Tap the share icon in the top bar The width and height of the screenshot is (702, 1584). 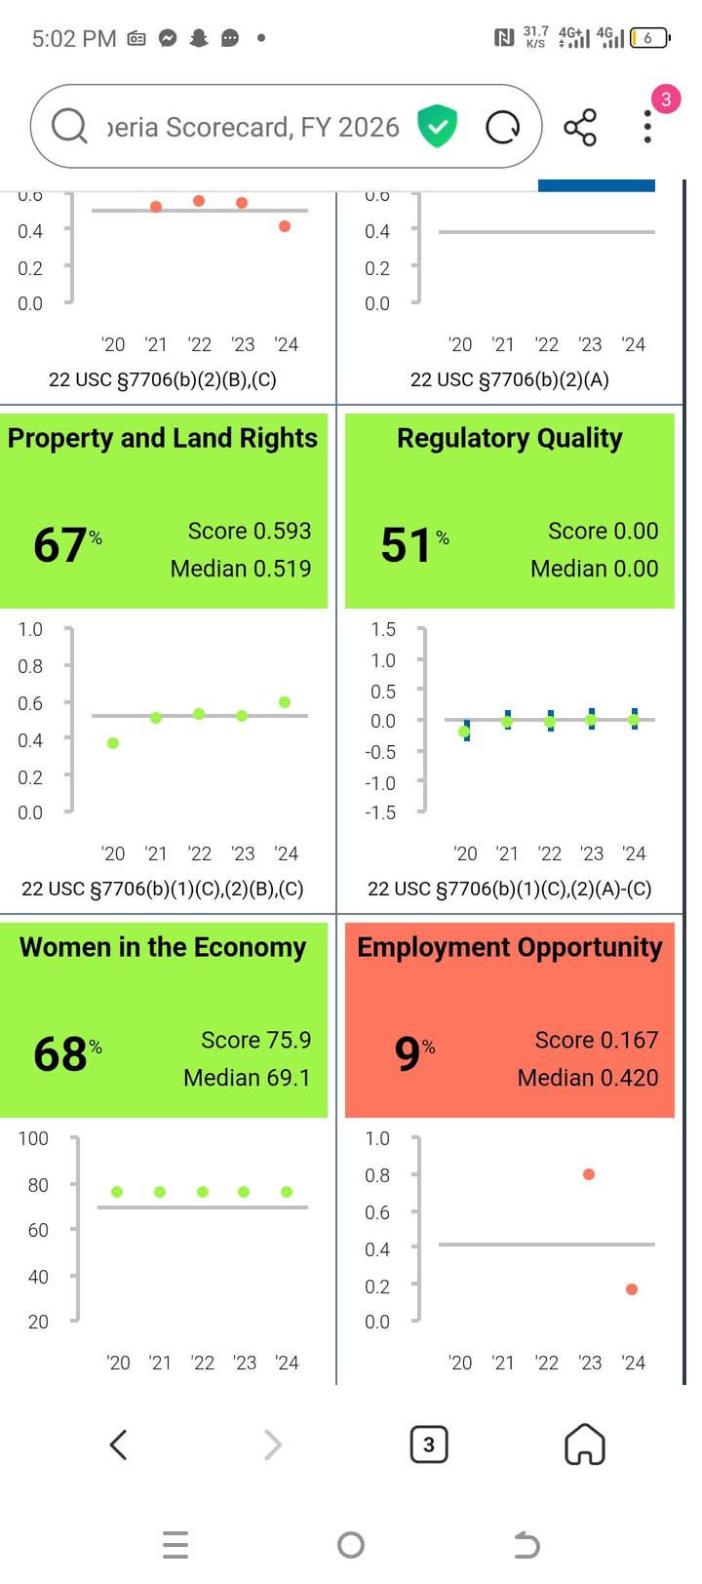point(580,128)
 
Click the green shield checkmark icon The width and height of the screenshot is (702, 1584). point(438,128)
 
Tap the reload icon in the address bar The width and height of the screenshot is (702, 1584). point(503,128)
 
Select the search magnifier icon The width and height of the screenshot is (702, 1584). point(69,126)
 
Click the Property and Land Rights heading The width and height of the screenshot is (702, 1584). point(163,439)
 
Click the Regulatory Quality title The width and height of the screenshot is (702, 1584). point(509,439)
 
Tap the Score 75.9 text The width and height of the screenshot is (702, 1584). point(255,1040)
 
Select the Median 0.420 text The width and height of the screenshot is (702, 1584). point(587,1078)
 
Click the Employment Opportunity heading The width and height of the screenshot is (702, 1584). point(509,948)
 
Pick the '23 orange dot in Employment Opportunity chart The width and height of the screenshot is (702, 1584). point(589,1174)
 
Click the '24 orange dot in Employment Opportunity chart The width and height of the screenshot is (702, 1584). point(632,1289)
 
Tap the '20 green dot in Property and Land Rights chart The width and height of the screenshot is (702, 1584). point(113,743)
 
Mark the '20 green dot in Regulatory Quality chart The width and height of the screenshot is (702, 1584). point(464,732)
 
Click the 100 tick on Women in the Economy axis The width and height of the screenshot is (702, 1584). point(33,1138)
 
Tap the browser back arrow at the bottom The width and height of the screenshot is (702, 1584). point(118,1445)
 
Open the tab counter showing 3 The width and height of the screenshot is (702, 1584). point(429,1445)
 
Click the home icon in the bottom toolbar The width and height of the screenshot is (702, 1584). point(585,1445)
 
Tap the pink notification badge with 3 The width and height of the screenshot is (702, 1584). point(666,99)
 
